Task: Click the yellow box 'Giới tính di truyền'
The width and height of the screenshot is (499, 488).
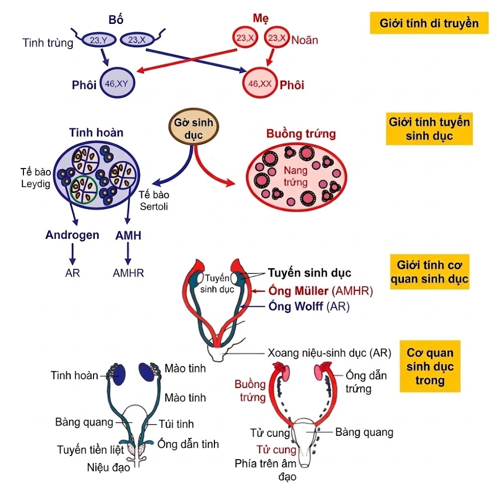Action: pos(428,23)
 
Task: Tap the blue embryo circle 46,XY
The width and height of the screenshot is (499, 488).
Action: pos(118,84)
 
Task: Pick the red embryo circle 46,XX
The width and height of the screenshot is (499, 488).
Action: pos(260,84)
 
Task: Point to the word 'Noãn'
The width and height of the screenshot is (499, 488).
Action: pos(305,40)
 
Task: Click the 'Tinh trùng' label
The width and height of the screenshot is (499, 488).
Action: pos(48,43)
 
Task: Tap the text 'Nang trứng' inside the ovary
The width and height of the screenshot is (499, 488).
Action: pos(296,176)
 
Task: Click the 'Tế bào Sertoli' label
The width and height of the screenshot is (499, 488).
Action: pos(153,200)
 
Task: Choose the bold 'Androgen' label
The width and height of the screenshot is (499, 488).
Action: pos(72,235)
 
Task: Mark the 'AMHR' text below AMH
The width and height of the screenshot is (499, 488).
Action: pos(128,273)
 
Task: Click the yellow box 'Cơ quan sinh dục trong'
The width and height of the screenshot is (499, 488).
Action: pos(430,367)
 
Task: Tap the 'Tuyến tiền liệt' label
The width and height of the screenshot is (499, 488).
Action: pos(90,450)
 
